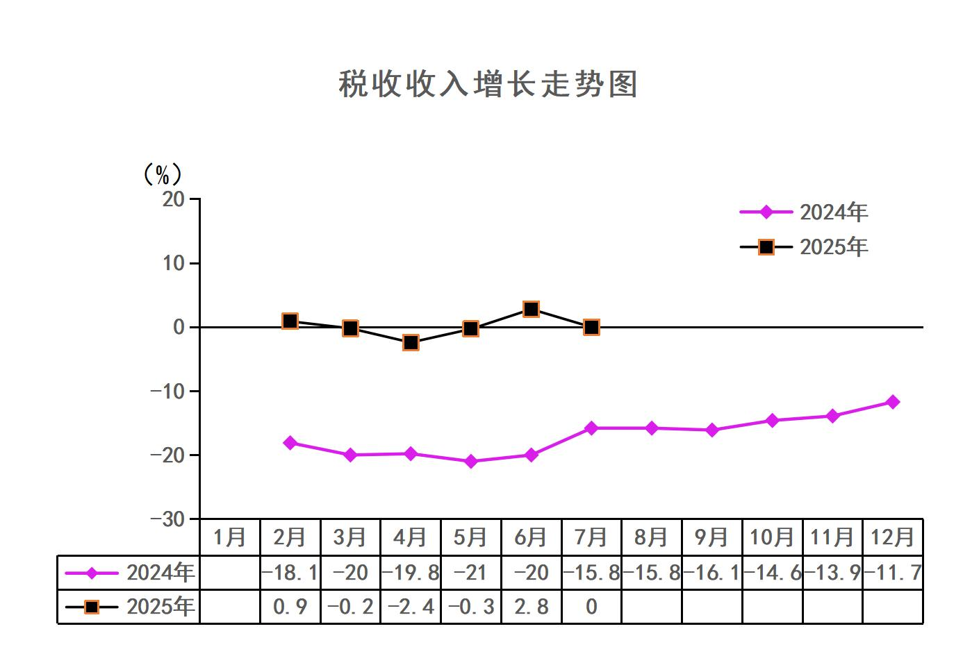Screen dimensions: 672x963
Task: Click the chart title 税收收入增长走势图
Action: pos(488,85)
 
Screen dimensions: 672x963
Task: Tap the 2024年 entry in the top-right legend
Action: pos(833,212)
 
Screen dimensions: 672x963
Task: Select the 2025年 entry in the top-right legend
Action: pos(833,247)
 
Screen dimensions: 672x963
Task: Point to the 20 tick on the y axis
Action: pos(174,199)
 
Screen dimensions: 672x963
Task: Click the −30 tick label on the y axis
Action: pos(168,519)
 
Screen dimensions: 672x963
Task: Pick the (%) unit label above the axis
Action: pos(162,174)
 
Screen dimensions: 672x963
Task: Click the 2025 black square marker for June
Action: pos(531,309)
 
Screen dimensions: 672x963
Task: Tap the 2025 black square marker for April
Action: pos(411,342)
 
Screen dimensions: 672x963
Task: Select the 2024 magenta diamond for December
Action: pos(893,402)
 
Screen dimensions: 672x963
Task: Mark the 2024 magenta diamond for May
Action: pos(470,461)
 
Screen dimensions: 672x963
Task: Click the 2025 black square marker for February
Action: pos(290,321)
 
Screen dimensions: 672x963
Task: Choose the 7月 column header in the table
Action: pos(591,537)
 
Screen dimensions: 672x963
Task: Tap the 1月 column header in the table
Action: pos(230,537)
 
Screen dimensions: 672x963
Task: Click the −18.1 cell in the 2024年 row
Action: pos(290,573)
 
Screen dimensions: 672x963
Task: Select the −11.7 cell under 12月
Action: pos(893,573)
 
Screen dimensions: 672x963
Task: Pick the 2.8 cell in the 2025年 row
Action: pos(531,607)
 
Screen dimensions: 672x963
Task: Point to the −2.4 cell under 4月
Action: pos(411,607)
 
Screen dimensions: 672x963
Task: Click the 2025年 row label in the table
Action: pos(160,607)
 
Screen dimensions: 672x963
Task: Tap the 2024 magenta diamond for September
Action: pos(712,430)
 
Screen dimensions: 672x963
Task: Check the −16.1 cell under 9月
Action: pos(712,573)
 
